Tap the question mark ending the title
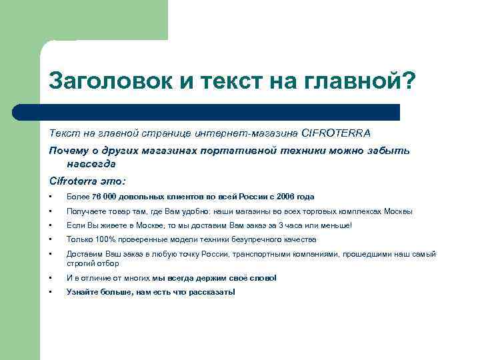tap(407, 82)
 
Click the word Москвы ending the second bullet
tap(399, 211)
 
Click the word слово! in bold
tap(261, 278)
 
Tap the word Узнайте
tap(83, 292)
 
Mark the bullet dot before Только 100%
tap(51, 239)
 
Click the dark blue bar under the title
tap(220, 112)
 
